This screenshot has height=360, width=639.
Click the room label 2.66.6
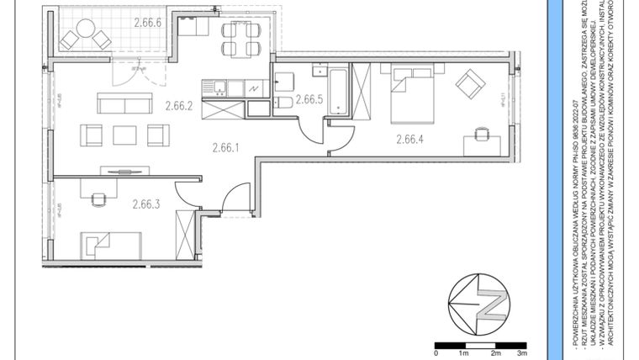(x=152, y=24)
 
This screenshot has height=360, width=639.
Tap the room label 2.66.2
(x=179, y=106)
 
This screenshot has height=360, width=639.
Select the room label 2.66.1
(x=225, y=147)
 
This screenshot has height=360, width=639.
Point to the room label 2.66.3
(x=145, y=203)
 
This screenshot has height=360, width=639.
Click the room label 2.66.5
(x=309, y=99)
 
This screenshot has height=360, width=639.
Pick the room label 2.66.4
(x=409, y=140)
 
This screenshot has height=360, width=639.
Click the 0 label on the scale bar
(x=436, y=354)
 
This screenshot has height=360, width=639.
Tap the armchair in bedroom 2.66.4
(x=470, y=82)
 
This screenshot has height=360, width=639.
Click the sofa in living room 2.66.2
(x=124, y=103)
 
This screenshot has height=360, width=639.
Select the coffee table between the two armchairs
(x=124, y=134)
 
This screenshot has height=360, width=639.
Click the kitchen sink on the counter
(x=215, y=86)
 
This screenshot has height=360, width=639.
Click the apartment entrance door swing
(x=236, y=197)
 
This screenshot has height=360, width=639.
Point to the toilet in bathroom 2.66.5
(x=284, y=103)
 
